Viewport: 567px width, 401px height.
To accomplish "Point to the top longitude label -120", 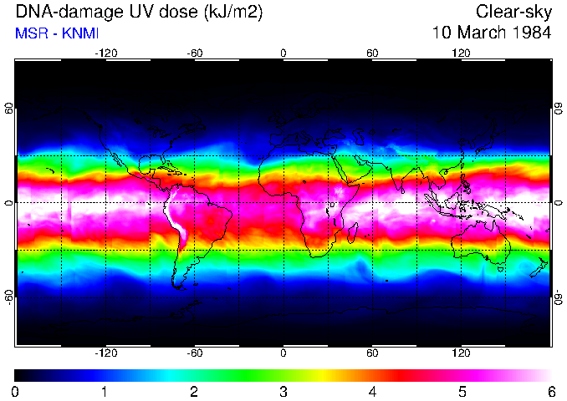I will coord(105,53).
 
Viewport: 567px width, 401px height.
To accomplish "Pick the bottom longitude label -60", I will coord(194,353).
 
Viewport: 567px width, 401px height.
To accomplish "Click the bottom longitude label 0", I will coord(283,353).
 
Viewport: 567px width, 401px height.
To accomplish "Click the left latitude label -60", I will coord(9,297).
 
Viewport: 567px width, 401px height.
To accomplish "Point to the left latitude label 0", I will coord(9,202).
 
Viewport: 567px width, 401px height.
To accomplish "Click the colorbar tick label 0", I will coord(16,391).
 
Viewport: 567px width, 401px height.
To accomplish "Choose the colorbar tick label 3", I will coord(283,391).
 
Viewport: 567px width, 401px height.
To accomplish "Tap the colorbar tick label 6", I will coord(550,391).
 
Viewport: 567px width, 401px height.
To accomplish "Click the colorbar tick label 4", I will coord(372,391).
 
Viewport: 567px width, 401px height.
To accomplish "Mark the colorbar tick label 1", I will coord(105,391).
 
